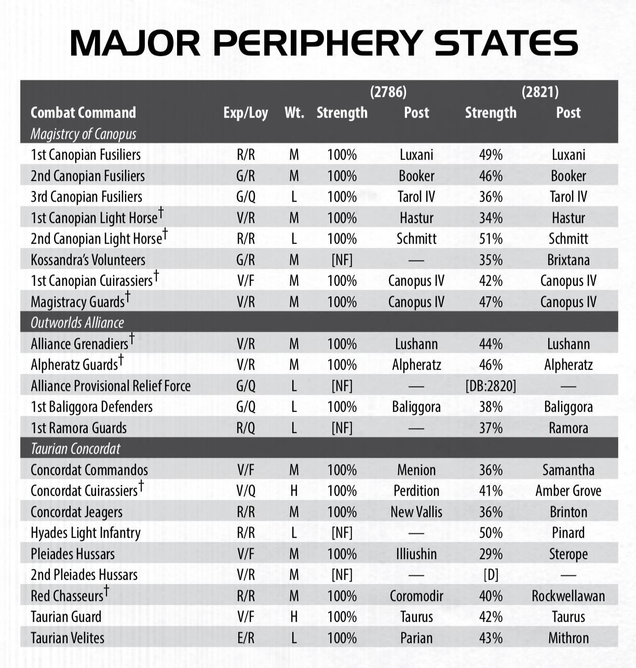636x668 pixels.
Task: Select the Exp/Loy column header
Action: pos(246,113)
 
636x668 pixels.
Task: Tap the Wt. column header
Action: pos(294,113)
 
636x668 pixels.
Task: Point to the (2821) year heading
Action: pos(540,92)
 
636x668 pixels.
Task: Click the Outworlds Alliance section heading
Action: pos(77,323)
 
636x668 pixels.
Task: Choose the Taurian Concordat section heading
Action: pos(75,449)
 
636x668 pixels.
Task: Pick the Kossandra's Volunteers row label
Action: pos(88,260)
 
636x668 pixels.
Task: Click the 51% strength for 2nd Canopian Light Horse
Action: pos(491,239)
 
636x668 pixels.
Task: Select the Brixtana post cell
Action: pos(568,260)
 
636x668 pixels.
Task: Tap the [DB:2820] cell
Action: pos(491,386)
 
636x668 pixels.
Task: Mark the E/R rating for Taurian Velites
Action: pos(246,638)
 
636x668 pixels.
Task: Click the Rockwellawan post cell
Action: pos(568,596)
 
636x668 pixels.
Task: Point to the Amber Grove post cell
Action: pos(568,491)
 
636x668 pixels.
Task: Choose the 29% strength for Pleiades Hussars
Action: pos(491,554)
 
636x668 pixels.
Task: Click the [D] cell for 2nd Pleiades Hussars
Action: pos(491,575)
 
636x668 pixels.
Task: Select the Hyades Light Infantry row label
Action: pos(86,533)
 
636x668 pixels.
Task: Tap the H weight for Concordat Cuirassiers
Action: pos(294,491)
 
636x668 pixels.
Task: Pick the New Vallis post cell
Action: pos(416,512)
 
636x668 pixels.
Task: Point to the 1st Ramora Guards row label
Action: pos(78,428)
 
